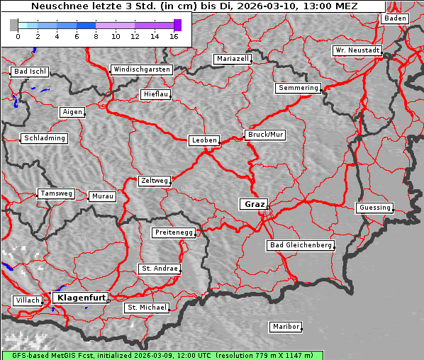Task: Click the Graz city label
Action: [255, 204]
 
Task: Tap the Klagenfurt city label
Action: [81, 298]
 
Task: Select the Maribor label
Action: [286, 327]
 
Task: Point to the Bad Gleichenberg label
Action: [300, 245]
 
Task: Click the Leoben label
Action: [204, 140]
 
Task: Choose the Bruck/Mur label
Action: [265, 134]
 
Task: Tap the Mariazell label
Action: [233, 59]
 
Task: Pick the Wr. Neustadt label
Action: [357, 51]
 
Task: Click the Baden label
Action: [396, 18]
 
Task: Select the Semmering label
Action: [299, 88]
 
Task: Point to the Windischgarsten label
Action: [141, 69]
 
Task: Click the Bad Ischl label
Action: [30, 72]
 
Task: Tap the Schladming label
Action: [45, 138]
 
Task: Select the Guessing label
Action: [374, 208]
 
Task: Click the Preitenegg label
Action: [173, 232]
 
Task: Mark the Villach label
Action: [27, 300]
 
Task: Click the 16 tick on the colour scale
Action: [174, 36]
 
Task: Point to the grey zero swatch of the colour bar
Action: [14, 25]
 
